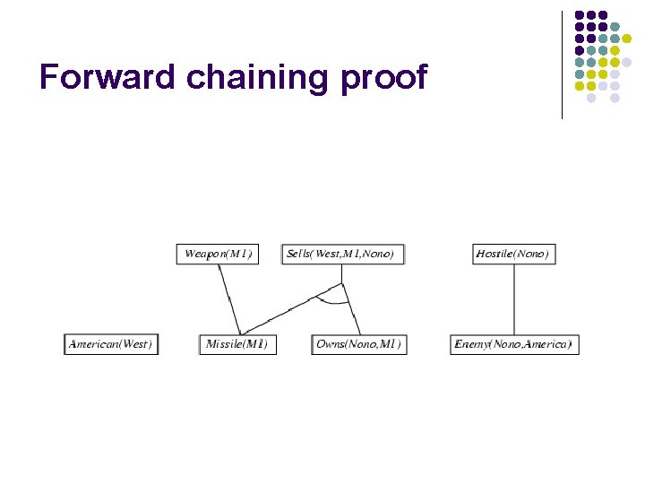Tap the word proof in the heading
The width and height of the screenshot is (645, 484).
click(x=384, y=79)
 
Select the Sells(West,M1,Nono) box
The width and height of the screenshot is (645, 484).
click(x=342, y=254)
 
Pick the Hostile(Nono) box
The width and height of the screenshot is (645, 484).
click(x=512, y=254)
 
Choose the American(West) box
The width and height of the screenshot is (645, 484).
click(x=111, y=344)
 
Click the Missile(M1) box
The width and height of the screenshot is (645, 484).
click(x=237, y=344)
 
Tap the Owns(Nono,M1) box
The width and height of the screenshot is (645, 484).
click(x=359, y=344)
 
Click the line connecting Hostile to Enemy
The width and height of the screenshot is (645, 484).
click(x=513, y=298)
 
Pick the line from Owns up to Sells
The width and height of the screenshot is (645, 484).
click(x=351, y=310)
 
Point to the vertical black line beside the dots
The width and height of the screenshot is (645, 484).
click(x=562, y=63)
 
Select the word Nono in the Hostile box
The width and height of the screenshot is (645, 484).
click(x=529, y=254)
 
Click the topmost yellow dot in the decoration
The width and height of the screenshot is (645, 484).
click(x=626, y=39)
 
